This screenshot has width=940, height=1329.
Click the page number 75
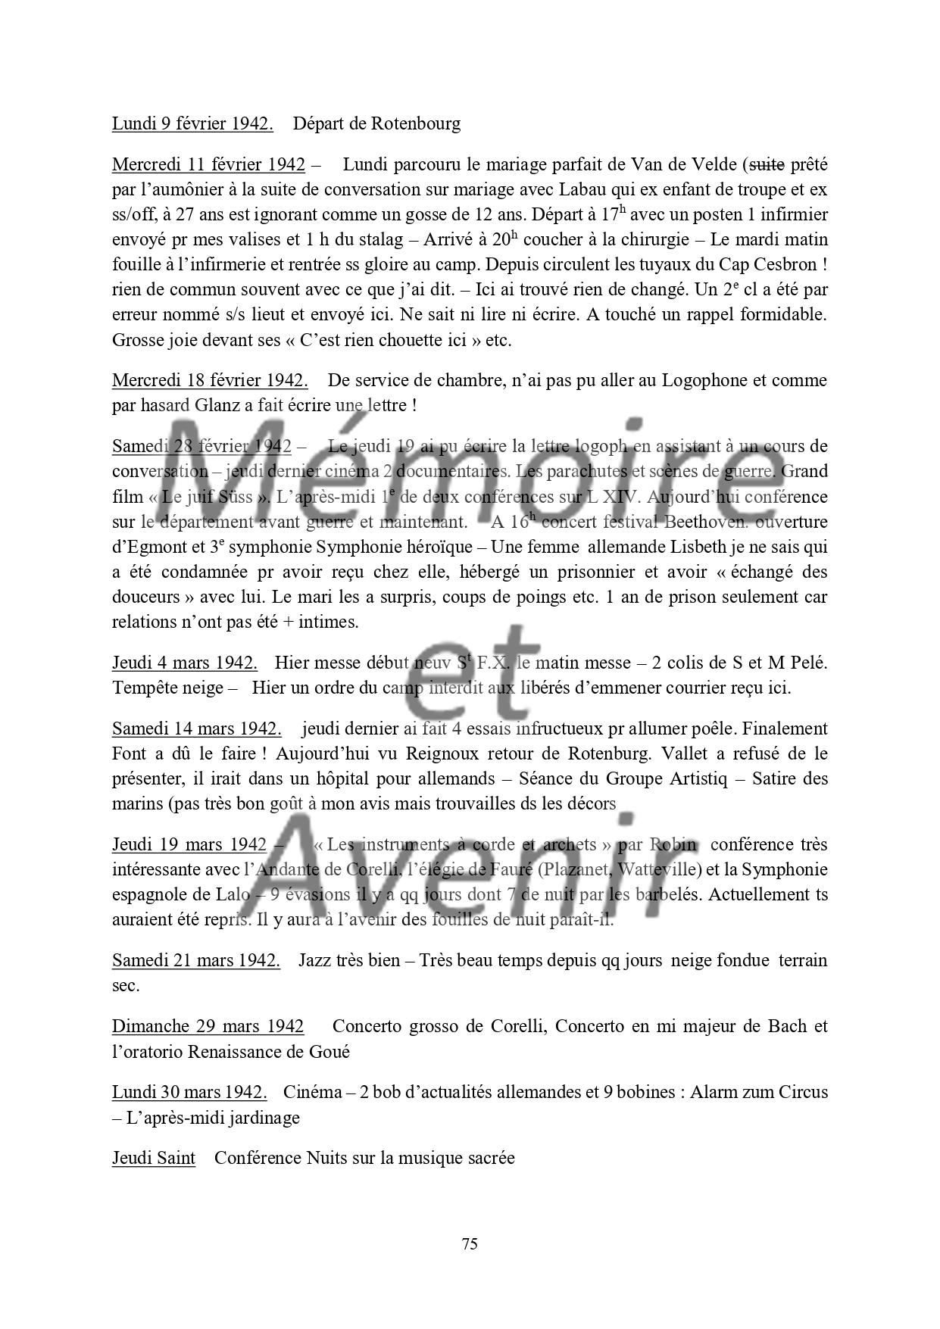point(469,1243)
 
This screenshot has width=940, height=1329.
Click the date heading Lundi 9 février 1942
point(192,123)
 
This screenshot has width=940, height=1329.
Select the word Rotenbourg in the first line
point(416,123)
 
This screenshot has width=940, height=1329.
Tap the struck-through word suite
point(766,164)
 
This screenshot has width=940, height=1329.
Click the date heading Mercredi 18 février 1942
point(210,380)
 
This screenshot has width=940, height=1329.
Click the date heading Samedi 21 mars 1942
point(196,960)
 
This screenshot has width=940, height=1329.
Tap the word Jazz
point(314,960)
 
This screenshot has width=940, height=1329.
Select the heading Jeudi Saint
point(154,1158)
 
